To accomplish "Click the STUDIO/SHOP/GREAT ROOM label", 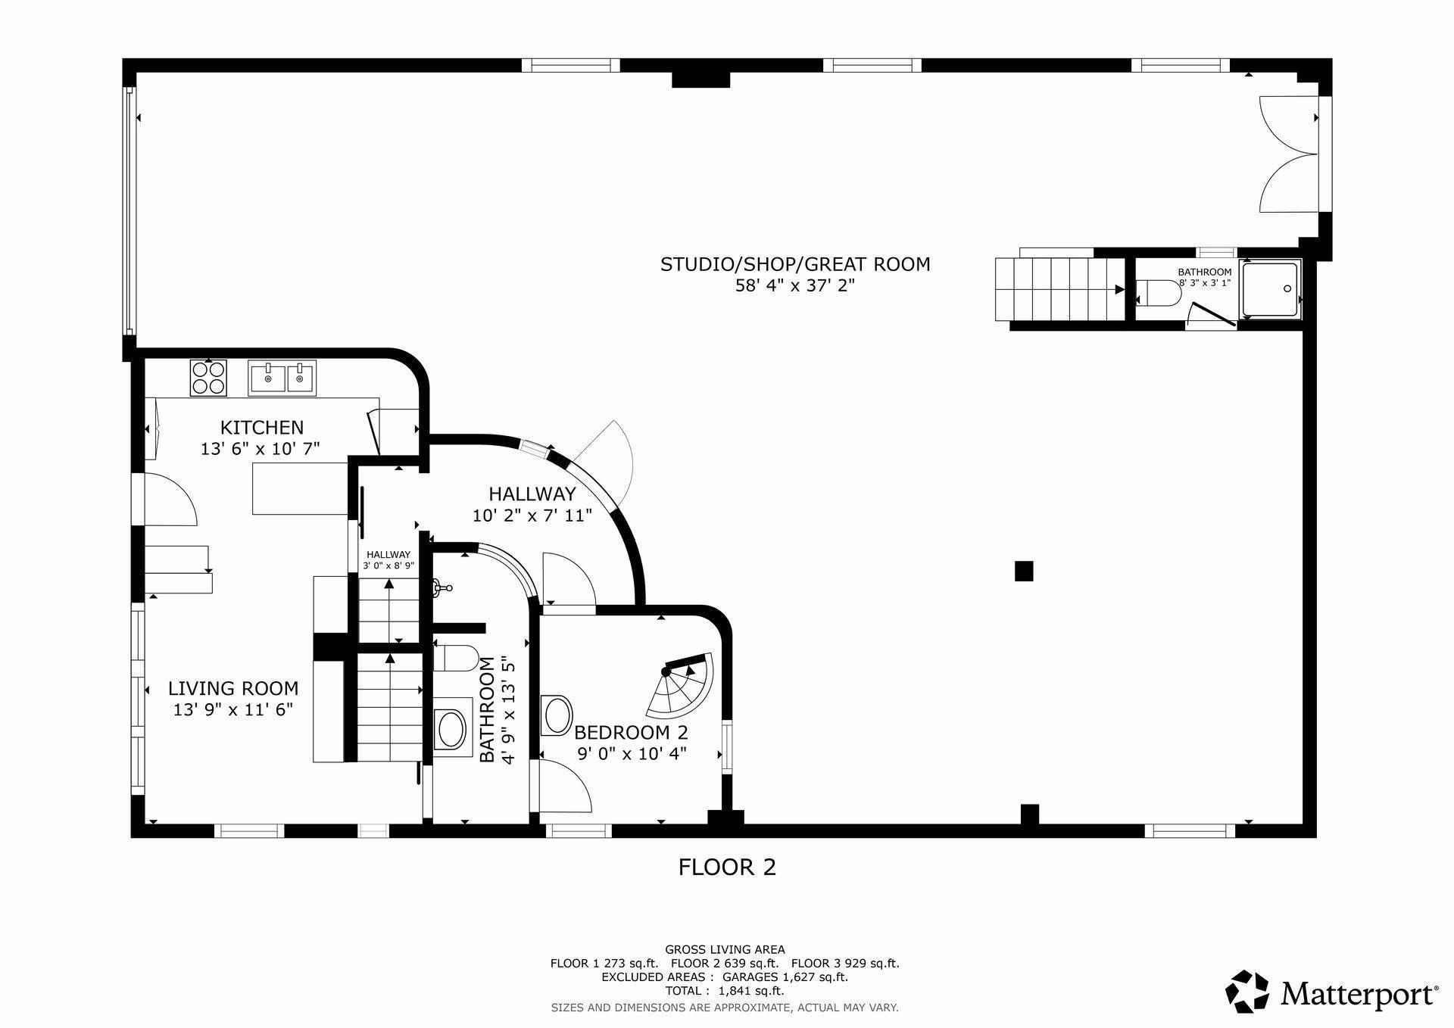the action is [x=795, y=264].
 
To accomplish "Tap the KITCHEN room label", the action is [x=262, y=428].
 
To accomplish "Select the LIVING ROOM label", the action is [x=233, y=689].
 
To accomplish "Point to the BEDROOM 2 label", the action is [x=631, y=733].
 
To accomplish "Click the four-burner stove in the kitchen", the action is [x=209, y=377].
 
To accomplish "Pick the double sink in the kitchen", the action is [x=282, y=377].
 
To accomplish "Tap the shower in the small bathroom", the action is [x=1271, y=288].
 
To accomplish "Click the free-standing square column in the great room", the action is [x=1024, y=571].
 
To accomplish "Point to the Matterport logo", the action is [x=1332, y=991].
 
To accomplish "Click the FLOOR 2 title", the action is [x=727, y=867].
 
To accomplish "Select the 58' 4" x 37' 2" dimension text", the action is [x=795, y=286].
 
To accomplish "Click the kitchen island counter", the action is [x=300, y=490].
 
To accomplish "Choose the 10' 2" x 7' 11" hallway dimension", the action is [x=532, y=516].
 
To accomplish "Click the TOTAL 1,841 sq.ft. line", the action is [x=725, y=991].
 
